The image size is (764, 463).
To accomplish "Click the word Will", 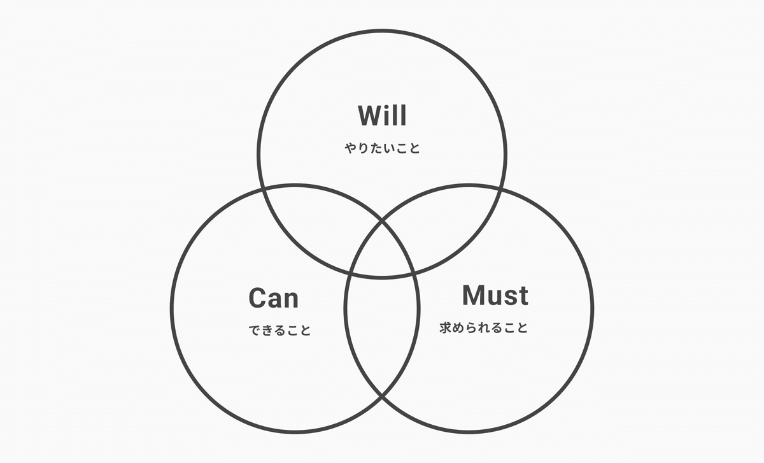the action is (382, 116).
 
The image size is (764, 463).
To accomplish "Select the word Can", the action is (273, 298).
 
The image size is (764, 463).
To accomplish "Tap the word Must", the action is (495, 296).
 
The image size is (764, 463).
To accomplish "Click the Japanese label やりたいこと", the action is (382, 148).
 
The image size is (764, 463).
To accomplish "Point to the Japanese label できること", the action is (279, 331).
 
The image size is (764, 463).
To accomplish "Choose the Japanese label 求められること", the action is (484, 329).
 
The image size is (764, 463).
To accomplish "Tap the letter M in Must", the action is (474, 296).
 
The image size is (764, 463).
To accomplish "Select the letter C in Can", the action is (258, 298).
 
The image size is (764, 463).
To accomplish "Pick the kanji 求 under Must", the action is (446, 329).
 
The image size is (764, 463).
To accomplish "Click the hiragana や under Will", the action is (351, 148).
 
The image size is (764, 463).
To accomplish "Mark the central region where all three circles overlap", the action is (382, 255).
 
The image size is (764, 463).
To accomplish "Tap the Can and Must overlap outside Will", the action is (382, 331).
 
